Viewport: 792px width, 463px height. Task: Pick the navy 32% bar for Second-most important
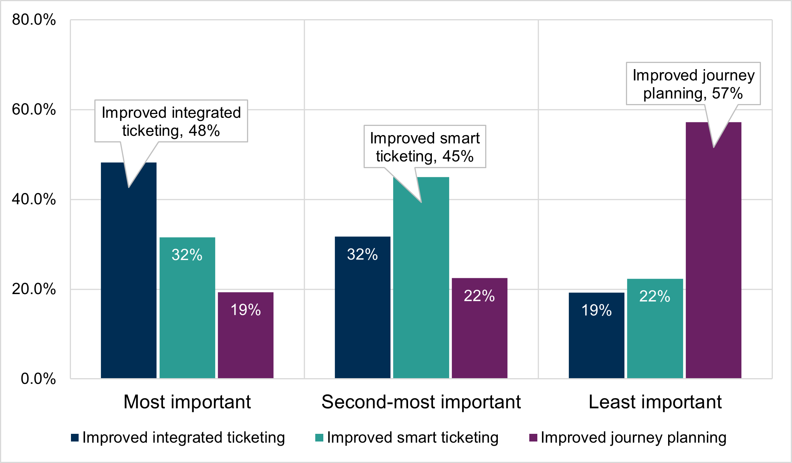[x=362, y=308]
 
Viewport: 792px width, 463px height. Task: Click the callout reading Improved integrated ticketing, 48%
[x=171, y=121]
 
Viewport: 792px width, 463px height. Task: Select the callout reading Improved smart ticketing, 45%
[x=425, y=147]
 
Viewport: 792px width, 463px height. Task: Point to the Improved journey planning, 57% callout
[x=693, y=84]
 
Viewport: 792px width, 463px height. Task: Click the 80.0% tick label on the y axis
[x=34, y=20]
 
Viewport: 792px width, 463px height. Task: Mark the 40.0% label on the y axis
[x=34, y=199]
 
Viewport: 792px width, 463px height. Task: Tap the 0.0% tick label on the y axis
[x=38, y=379]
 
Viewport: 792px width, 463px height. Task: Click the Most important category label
[x=187, y=402]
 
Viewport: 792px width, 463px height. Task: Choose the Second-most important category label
[x=421, y=402]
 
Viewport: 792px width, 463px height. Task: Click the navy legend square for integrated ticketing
[x=75, y=438]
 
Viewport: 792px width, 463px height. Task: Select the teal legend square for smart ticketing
[x=319, y=438]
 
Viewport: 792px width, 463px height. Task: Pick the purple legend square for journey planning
[x=533, y=438]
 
